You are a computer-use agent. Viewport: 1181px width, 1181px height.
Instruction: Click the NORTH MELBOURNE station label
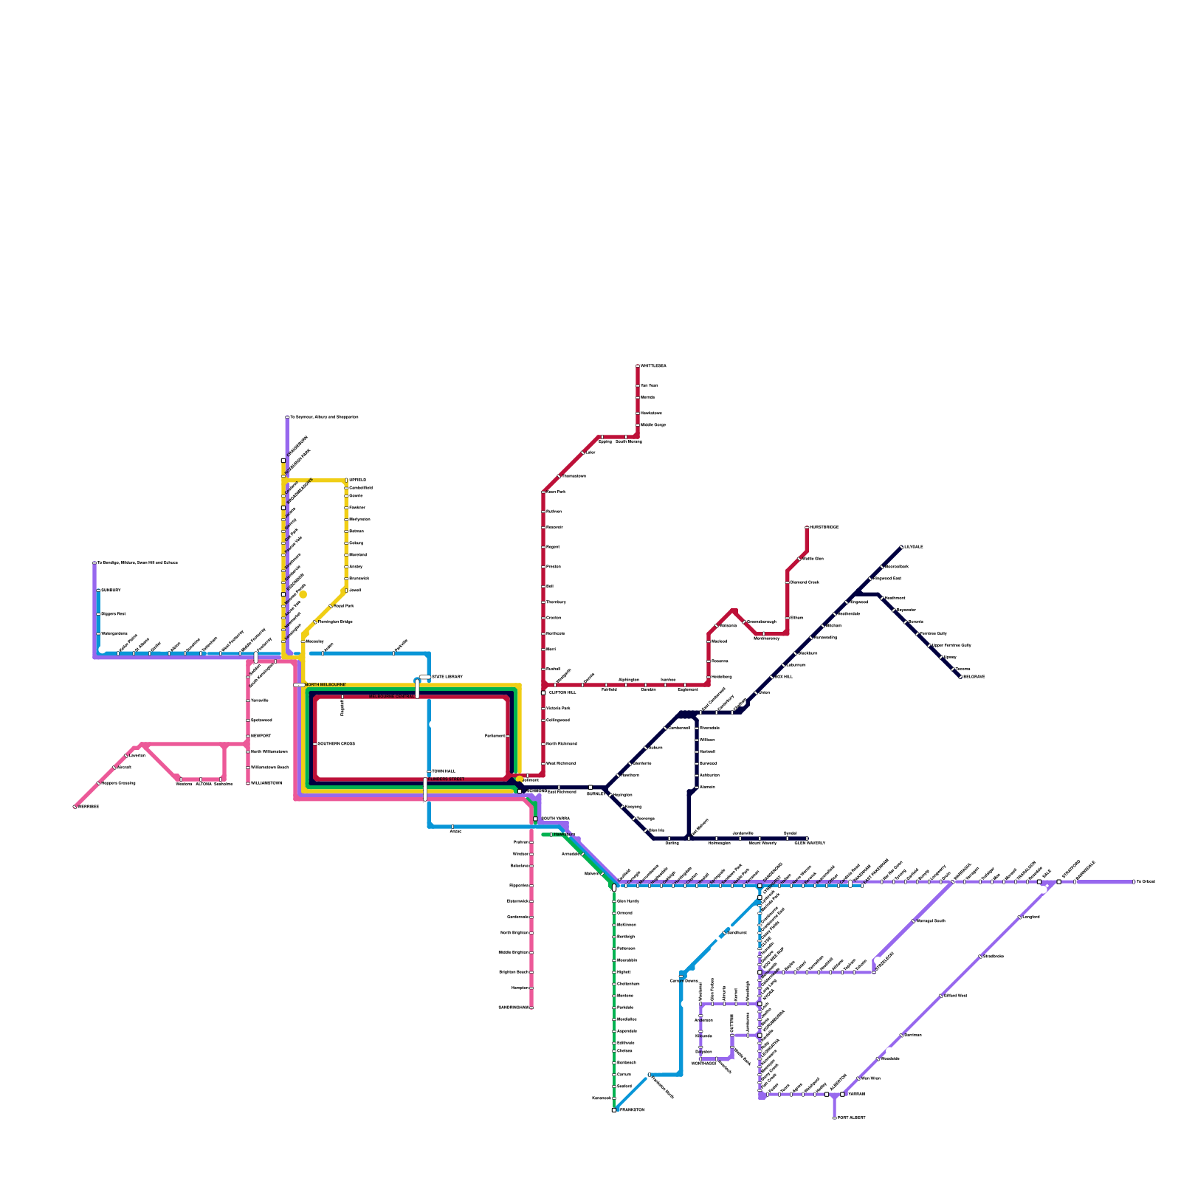coord(325,685)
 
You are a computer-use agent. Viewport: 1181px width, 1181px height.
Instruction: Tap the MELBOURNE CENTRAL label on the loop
coord(391,696)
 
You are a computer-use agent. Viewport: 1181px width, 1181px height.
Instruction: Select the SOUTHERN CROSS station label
coord(337,743)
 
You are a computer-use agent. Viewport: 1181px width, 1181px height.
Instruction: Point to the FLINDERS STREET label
coord(447,779)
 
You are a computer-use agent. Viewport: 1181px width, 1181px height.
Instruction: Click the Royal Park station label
coord(344,606)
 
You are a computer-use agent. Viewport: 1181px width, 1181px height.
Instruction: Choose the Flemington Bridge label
coord(335,622)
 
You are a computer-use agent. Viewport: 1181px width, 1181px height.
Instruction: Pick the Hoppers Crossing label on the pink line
coord(119,783)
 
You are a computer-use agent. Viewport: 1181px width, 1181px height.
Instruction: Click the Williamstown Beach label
coord(270,768)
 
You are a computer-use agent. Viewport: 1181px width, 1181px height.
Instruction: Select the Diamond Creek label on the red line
coord(805,582)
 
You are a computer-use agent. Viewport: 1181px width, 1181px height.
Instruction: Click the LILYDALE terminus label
coord(914,547)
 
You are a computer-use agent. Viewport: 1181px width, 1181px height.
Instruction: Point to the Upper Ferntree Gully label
coord(952,645)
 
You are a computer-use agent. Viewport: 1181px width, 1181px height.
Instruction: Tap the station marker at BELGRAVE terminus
coord(960,677)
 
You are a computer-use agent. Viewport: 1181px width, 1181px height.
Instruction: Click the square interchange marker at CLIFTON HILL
coord(543,692)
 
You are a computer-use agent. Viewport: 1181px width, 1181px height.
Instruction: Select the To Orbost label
coord(1146,881)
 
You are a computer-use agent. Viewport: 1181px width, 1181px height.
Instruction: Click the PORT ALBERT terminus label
coord(852,1118)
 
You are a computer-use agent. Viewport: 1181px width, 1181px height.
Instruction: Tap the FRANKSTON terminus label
coord(632,1110)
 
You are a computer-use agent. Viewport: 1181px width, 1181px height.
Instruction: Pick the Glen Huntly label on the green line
coord(628,901)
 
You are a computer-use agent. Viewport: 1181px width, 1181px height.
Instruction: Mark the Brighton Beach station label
coord(514,972)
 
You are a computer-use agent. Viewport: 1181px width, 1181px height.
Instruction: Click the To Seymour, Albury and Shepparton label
coord(324,417)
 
